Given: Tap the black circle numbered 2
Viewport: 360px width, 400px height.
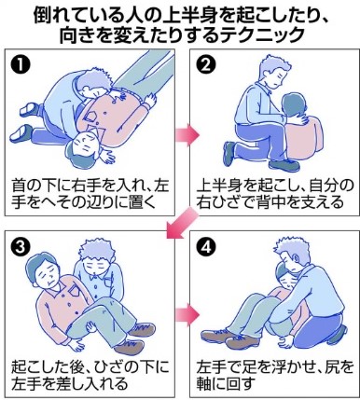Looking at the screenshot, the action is tap(206, 64).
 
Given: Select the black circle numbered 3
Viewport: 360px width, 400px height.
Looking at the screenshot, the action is tap(21, 247).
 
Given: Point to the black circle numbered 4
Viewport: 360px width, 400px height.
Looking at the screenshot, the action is tap(206, 247).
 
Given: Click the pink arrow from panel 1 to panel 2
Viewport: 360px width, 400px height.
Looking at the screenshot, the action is tap(187, 134).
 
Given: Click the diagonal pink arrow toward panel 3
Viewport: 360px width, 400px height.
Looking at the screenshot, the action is tap(181, 224).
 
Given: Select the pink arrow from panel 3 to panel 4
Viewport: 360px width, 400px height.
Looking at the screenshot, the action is tap(187, 315).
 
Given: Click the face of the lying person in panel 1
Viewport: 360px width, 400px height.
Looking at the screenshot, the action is tap(83, 144).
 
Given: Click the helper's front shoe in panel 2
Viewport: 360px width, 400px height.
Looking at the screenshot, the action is tap(284, 165).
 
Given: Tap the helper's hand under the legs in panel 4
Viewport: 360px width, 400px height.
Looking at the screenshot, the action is tap(284, 339).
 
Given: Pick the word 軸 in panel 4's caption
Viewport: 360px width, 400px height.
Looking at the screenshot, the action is tap(205, 383).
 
